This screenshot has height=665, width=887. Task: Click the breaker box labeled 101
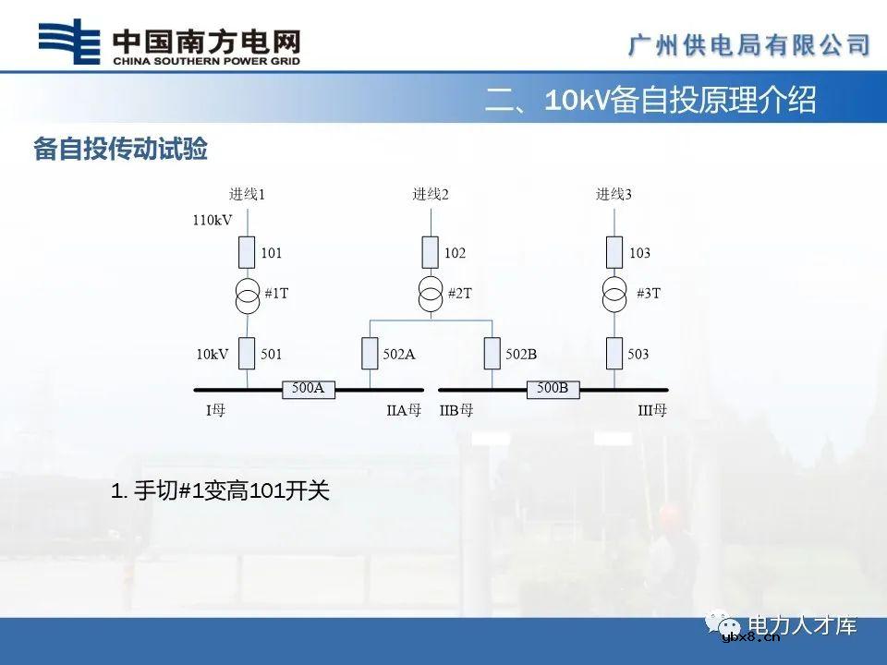pyautogui.click(x=248, y=252)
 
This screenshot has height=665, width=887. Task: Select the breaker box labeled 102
pyautogui.click(x=431, y=252)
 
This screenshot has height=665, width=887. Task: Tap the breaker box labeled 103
pyautogui.click(x=614, y=252)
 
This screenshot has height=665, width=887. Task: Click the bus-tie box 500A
pyautogui.click(x=309, y=389)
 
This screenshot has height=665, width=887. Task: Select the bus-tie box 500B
pyautogui.click(x=553, y=389)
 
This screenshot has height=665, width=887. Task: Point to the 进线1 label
pyautogui.click(x=248, y=194)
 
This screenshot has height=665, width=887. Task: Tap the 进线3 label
pyautogui.click(x=614, y=194)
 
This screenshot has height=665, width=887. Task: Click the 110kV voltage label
pyautogui.click(x=213, y=221)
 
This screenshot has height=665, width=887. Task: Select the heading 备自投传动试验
pyautogui.click(x=120, y=150)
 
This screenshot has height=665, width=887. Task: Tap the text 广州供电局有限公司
pyautogui.click(x=749, y=44)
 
